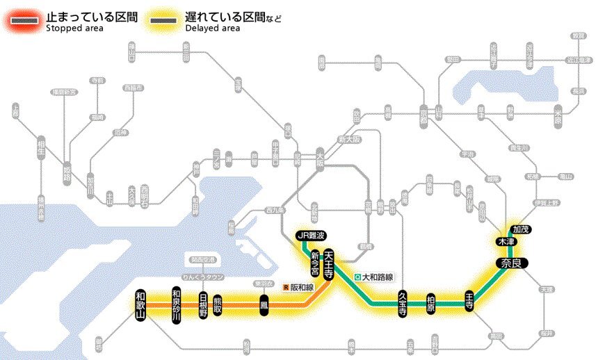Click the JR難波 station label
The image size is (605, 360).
coord(311,235)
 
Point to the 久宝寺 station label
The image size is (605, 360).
coord(403,304)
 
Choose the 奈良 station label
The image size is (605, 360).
coord(513,263)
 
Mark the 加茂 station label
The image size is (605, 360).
coord(520,229)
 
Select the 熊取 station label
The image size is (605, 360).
coord(218,306)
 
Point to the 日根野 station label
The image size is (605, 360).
coord(203,306)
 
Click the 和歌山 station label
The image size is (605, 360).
coord(142,306)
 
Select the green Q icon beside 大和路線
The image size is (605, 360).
coord(357,277)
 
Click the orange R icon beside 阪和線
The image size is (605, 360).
coord(285,286)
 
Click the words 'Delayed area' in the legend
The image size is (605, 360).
coord(212,28)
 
